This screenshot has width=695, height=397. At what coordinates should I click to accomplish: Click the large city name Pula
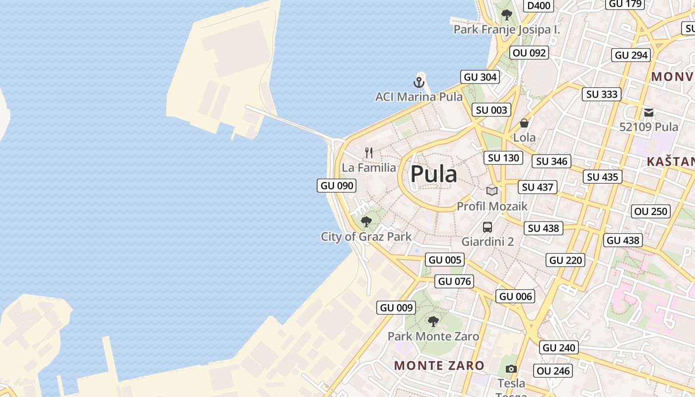click(433, 174)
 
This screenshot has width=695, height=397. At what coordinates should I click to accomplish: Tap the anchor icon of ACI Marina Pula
click(419, 82)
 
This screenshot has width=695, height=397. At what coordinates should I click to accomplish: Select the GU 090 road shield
click(337, 186)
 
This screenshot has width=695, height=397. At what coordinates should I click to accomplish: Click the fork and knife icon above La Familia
click(369, 152)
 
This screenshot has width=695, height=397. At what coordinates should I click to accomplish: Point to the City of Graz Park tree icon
click(366, 222)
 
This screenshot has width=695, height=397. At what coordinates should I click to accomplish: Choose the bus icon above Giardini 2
click(487, 227)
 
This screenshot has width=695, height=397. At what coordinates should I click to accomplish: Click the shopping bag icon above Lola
click(524, 123)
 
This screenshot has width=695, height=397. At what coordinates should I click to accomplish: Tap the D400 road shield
click(539, 5)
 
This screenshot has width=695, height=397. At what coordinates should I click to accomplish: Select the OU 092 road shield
click(530, 53)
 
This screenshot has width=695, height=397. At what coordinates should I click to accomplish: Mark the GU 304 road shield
click(480, 77)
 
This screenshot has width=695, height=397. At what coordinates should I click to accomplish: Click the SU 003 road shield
click(491, 110)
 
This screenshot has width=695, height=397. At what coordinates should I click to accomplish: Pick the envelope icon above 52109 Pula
click(648, 113)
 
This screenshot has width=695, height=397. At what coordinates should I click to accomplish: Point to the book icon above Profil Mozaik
click(492, 191)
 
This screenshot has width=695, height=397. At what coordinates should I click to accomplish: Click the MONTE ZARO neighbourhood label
click(439, 366)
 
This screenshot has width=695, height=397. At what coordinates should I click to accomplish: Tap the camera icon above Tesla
click(511, 369)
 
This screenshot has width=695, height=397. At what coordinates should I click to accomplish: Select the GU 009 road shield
click(396, 308)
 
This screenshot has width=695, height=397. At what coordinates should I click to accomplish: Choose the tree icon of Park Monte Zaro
click(433, 322)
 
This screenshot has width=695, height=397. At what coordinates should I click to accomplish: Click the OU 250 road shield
click(651, 211)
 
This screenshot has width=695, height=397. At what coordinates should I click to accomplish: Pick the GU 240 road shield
click(559, 348)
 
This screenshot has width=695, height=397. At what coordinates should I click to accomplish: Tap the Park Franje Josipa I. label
click(506, 30)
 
